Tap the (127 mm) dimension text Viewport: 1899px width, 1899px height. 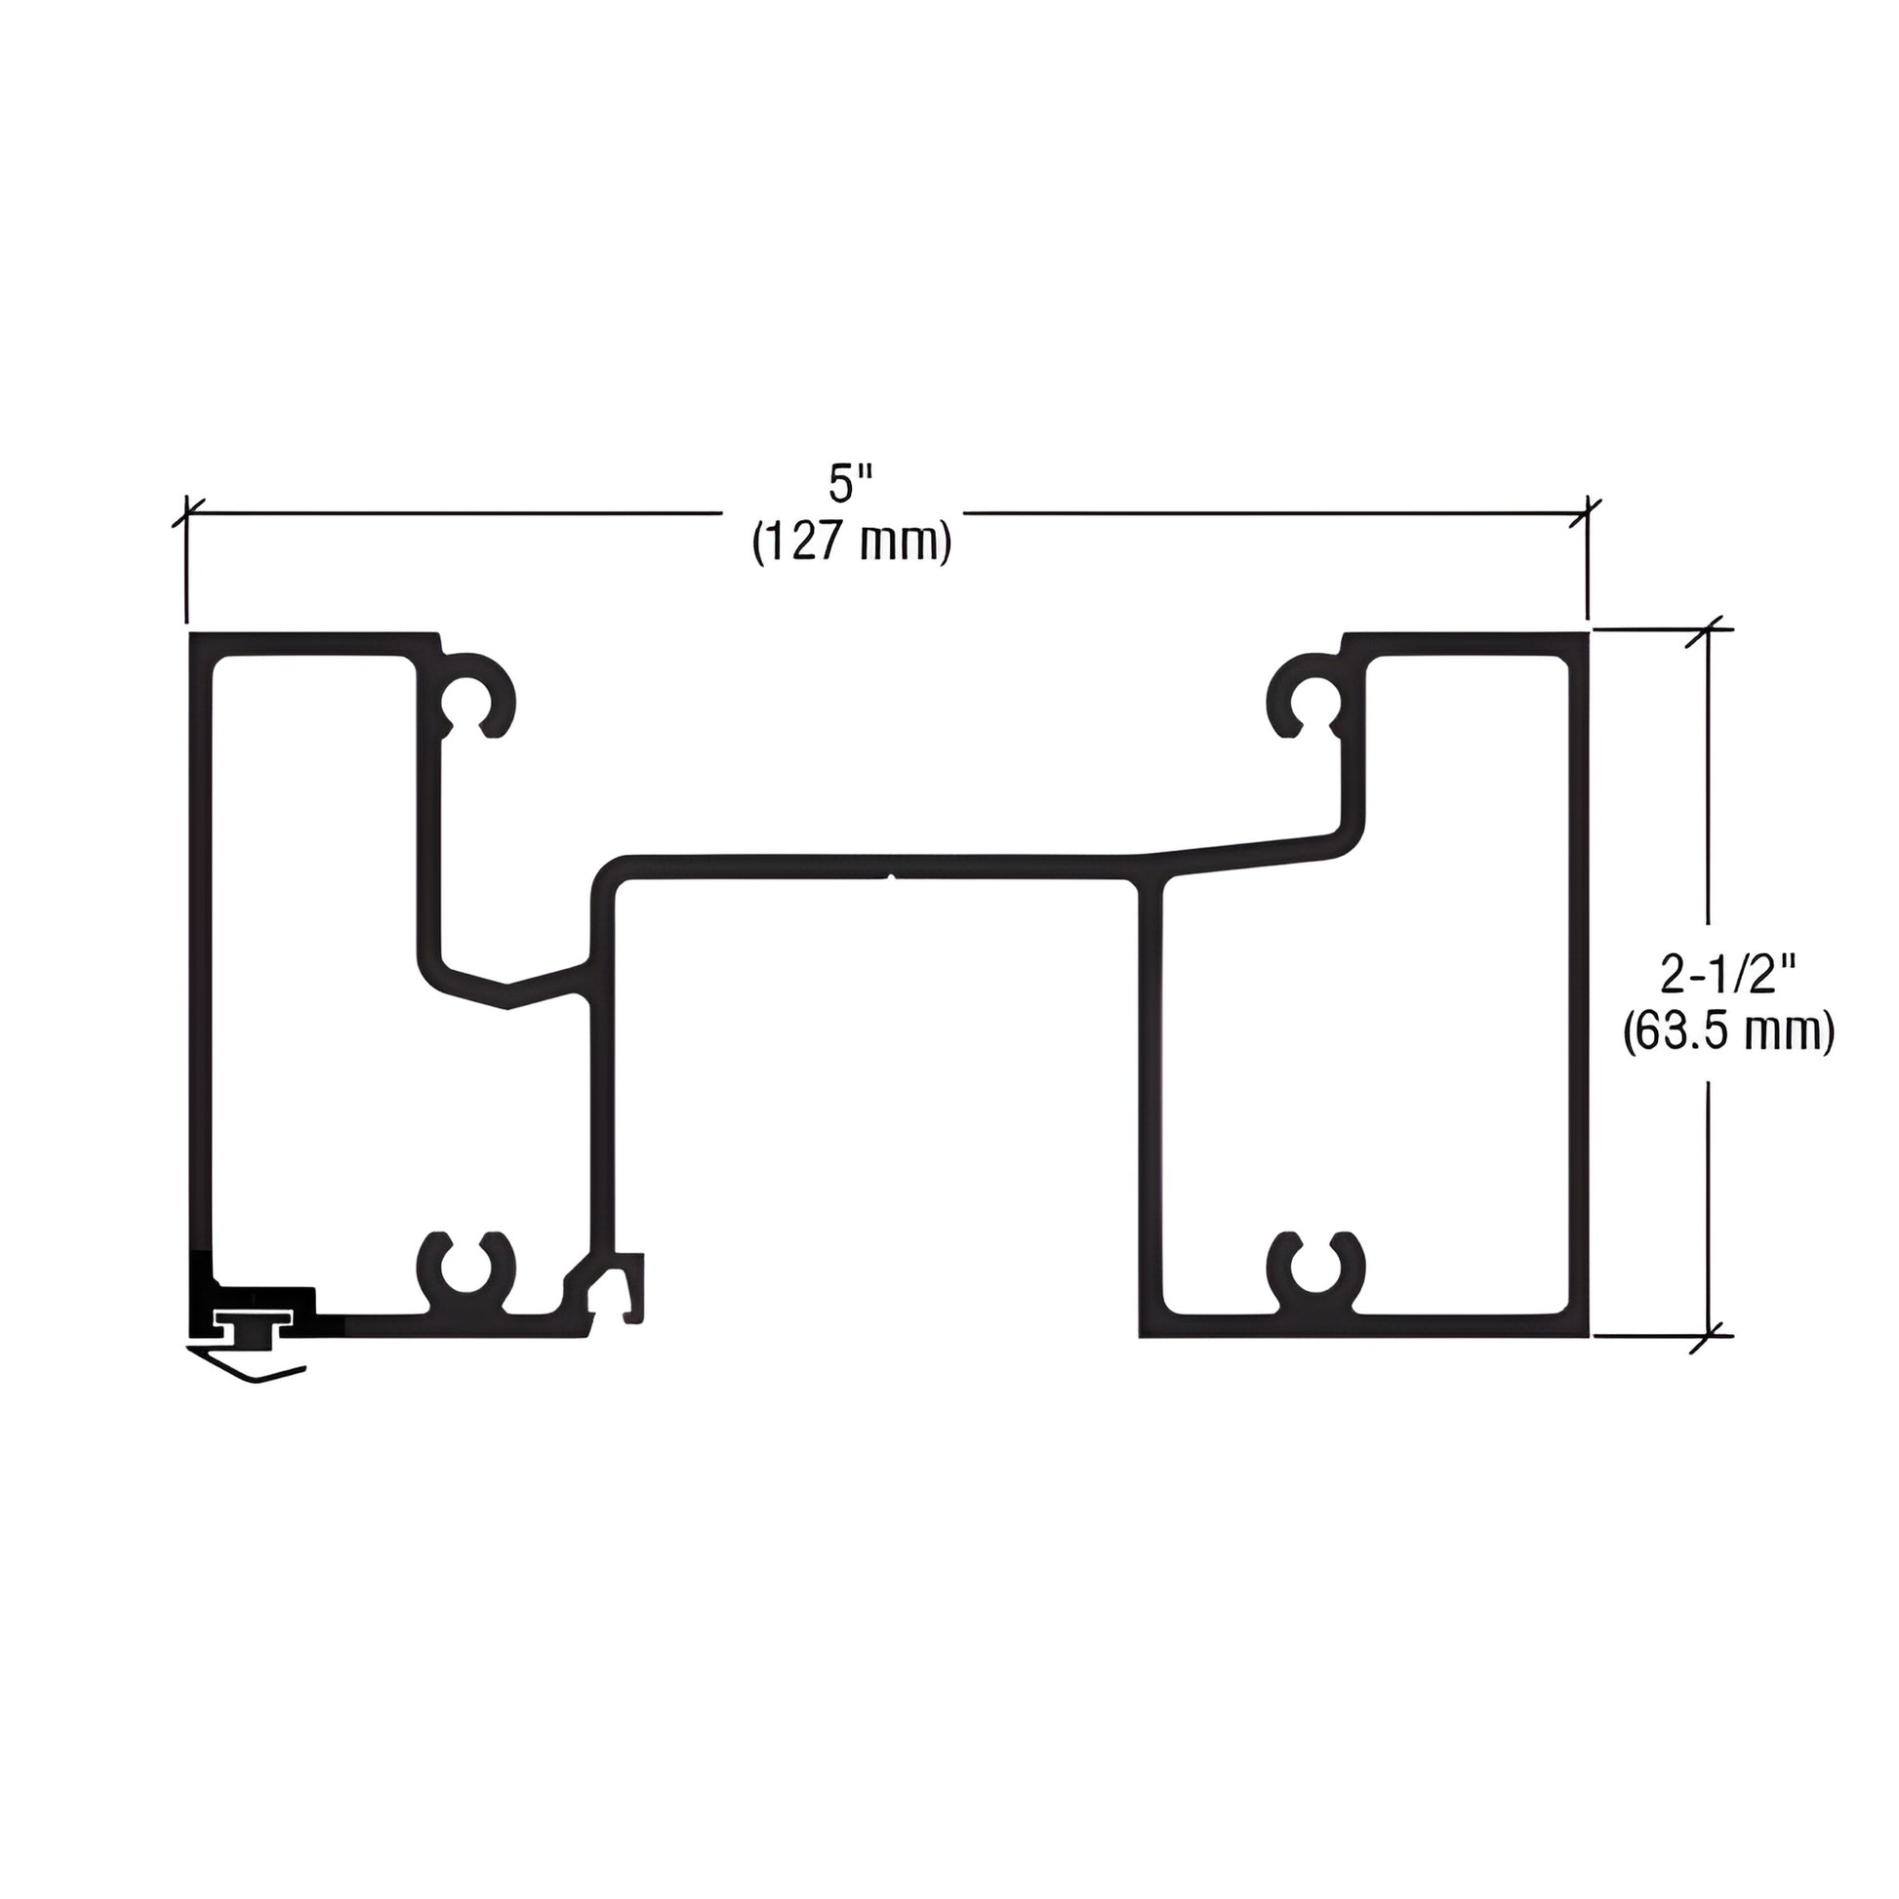tap(851, 542)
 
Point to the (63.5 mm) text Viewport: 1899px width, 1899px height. tap(1728, 1033)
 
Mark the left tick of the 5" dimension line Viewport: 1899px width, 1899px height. tap(185, 512)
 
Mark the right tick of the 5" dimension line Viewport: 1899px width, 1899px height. tap(1588, 512)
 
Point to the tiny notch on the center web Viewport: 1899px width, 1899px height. tap(891, 875)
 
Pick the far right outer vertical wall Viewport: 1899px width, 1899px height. tap(1578, 983)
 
